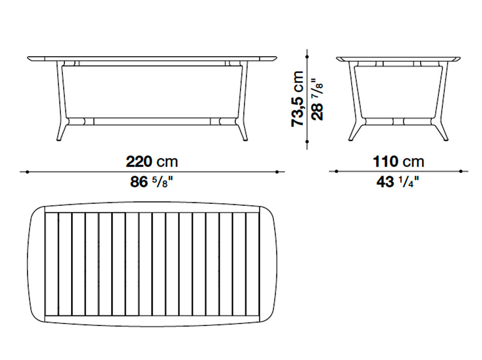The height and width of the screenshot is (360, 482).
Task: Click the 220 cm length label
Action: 152,162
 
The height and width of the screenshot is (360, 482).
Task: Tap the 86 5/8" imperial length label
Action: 152,182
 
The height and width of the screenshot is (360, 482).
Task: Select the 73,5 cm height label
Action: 297,99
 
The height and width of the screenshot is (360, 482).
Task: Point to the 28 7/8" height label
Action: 317,100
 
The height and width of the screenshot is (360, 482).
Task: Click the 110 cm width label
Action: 398,162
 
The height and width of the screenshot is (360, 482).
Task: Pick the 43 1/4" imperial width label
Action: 398,182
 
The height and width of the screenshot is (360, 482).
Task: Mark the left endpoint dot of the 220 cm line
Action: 27,172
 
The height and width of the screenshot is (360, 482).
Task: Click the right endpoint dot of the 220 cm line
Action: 277,172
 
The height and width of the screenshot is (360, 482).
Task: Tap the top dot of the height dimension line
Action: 307,57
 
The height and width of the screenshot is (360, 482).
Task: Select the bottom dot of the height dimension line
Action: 307,141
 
